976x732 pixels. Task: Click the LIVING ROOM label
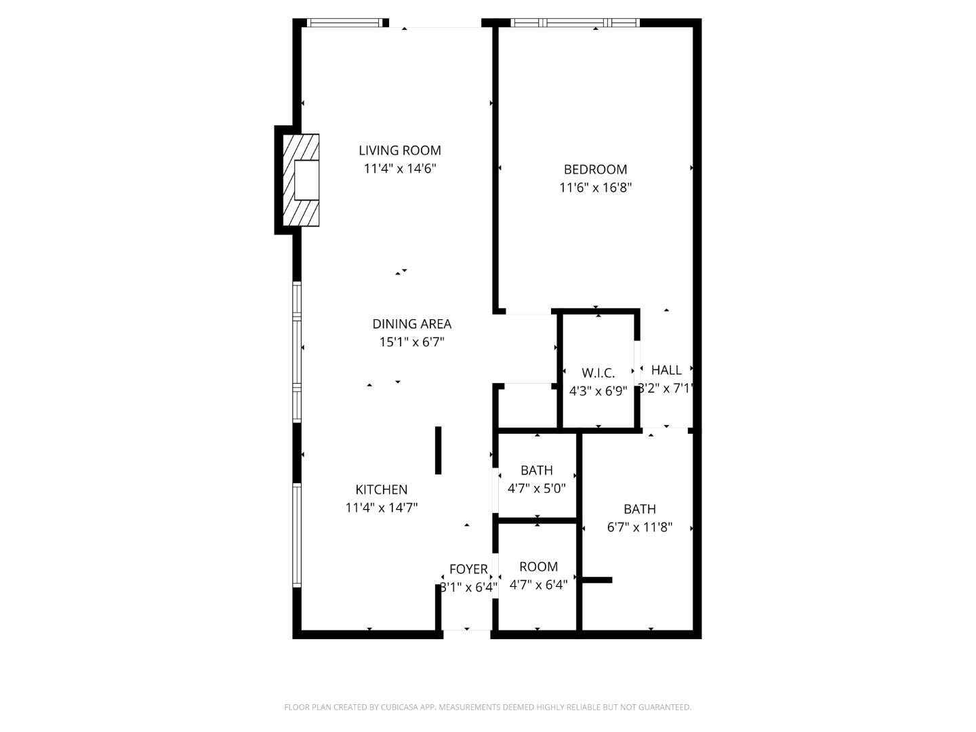(400, 150)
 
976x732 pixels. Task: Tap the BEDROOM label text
(595, 169)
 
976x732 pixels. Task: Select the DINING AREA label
(411, 324)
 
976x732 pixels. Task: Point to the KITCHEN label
(381, 489)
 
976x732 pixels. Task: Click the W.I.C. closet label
(598, 373)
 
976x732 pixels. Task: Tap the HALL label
(666, 370)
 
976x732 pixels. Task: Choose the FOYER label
(468, 569)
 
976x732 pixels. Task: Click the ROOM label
(538, 567)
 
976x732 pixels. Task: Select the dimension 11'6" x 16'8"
(595, 188)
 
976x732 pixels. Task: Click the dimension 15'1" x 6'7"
(411, 342)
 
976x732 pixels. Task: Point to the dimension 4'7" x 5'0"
(536, 488)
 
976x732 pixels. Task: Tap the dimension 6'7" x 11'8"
(639, 527)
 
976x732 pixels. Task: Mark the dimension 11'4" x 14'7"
(381, 508)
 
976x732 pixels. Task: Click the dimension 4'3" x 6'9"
(598, 391)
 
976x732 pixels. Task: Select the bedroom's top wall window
(575, 23)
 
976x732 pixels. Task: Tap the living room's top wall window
(344, 23)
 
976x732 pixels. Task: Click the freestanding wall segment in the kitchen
(438, 450)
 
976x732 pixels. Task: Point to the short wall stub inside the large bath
(597, 580)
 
